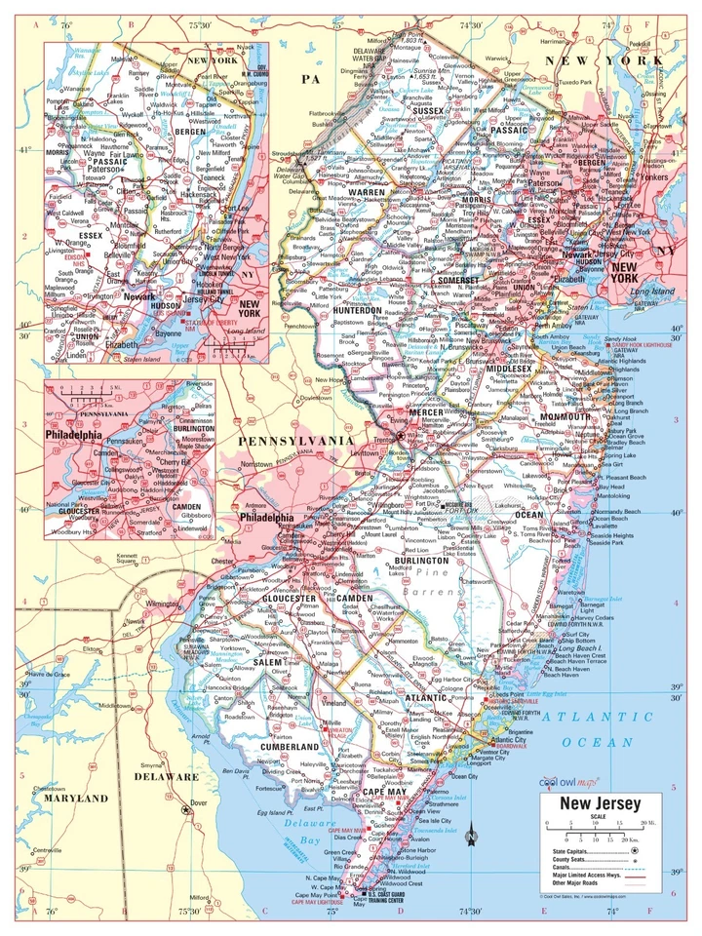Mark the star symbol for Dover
(x=185, y=809)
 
